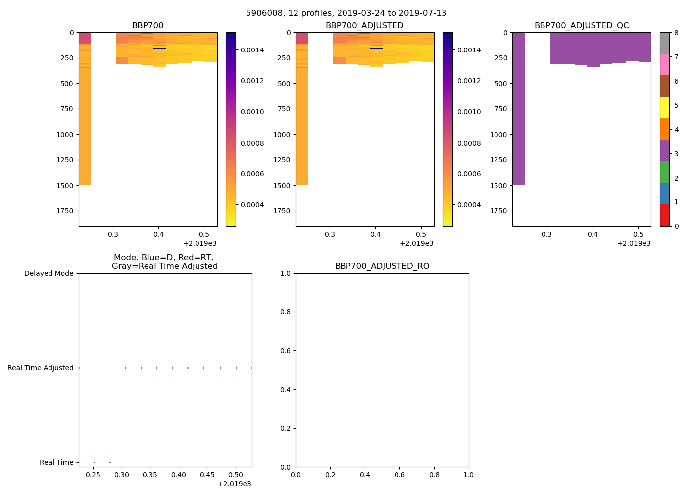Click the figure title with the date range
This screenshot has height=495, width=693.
point(346,13)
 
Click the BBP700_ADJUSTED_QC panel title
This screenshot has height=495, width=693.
point(581,26)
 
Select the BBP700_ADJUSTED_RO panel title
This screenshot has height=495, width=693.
point(382,266)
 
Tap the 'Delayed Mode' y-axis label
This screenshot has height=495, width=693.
point(49,273)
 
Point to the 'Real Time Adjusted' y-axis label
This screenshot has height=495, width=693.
point(40,368)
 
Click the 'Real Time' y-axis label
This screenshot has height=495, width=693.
point(56,462)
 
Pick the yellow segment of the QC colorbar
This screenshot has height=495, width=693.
point(664,107)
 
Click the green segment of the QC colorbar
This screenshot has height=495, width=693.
point(664,172)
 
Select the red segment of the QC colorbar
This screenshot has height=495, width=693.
point(664,215)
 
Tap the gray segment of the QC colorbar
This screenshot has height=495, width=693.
point(664,43)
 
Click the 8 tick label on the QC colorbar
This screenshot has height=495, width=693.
point(675,33)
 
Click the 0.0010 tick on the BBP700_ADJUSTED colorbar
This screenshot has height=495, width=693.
point(469,112)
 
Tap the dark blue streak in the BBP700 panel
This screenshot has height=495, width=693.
point(159,48)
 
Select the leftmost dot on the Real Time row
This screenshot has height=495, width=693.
point(94,462)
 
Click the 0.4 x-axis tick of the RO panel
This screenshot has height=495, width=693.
point(365,475)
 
